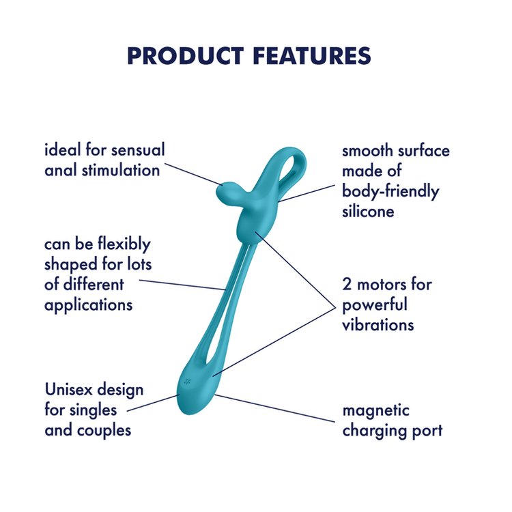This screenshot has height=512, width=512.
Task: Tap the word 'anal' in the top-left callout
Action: pyautogui.click(x=59, y=170)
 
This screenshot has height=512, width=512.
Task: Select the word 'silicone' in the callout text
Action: pyautogui.click(x=368, y=212)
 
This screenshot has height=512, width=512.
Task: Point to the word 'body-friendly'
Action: pyautogui.click(x=390, y=191)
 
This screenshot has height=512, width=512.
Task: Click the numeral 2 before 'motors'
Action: pyautogui.click(x=347, y=283)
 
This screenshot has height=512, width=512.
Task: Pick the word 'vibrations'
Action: pyautogui.click(x=378, y=324)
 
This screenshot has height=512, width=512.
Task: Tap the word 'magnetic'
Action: pyautogui.click(x=376, y=410)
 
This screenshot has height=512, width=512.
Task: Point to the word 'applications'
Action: pyautogui.click(x=89, y=304)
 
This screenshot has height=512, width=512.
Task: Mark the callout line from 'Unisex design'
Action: pyautogui.click(x=154, y=403)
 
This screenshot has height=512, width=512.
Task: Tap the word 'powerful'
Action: pyautogui.click(x=374, y=304)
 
